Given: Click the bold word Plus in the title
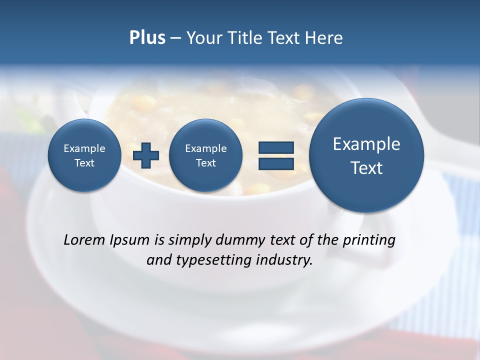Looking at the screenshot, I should pyautogui.click(x=147, y=38).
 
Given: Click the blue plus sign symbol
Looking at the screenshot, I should pyautogui.click(x=146, y=155).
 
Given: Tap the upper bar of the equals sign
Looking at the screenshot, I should pyautogui.click(x=275, y=147).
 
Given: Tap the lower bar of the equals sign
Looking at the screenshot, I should pyautogui.click(x=275, y=163).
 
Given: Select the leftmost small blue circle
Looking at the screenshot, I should pyautogui.click(x=84, y=155).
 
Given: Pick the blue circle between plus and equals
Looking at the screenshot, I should pyautogui.click(x=205, y=155).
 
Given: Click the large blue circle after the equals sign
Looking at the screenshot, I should pyautogui.click(x=366, y=155).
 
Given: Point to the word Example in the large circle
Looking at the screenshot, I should pyautogui.click(x=366, y=144).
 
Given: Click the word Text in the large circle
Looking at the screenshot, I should pyautogui.click(x=366, y=168).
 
